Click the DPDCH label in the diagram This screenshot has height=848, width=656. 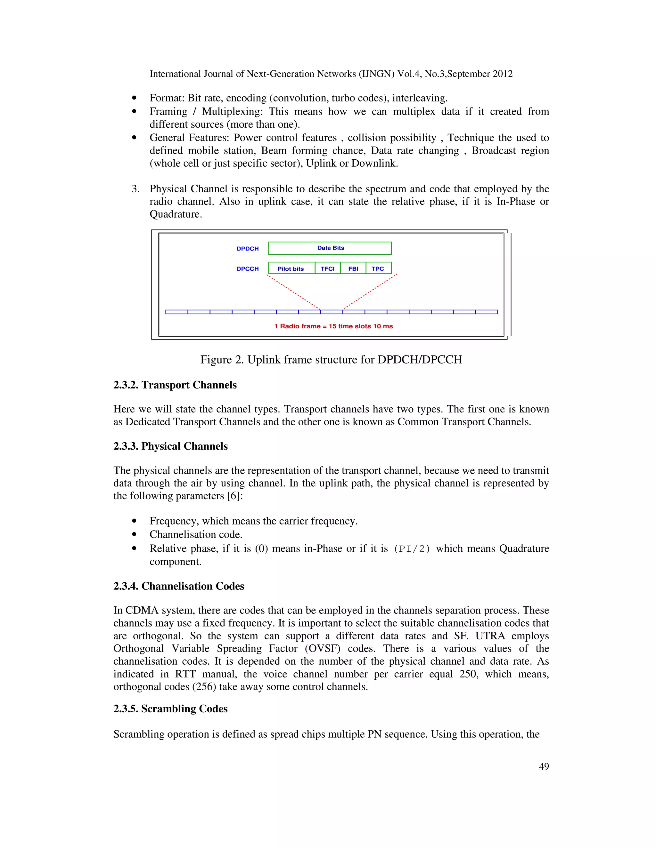click(x=247, y=249)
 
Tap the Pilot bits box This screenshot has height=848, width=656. click(x=291, y=268)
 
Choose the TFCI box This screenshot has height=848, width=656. click(x=327, y=268)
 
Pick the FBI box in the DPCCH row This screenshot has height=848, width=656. click(x=353, y=268)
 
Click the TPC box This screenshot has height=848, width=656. click(x=378, y=268)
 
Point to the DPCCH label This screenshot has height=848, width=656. click(x=247, y=269)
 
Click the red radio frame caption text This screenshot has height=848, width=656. click(x=333, y=326)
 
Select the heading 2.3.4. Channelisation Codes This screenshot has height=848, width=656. click(x=178, y=586)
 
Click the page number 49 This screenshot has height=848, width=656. click(x=544, y=766)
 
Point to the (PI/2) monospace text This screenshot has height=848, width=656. click(x=412, y=549)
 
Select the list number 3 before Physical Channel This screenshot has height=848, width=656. click(x=135, y=189)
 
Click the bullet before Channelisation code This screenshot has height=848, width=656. click(x=134, y=535)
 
